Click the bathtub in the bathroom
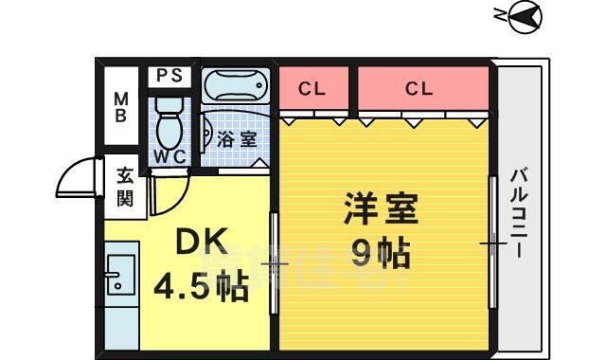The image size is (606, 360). click(236, 86)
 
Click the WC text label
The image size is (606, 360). click(169, 156)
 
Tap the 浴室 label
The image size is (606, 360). click(237, 138)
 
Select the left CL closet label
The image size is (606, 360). click(312, 89)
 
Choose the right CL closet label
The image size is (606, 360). click(419, 89)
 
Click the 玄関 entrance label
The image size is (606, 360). click(125, 187)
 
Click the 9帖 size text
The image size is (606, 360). click(381, 252)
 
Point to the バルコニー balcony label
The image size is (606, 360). click(519, 213)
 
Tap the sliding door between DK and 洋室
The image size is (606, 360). click(275, 261)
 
